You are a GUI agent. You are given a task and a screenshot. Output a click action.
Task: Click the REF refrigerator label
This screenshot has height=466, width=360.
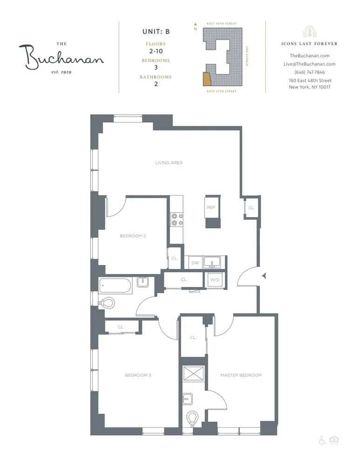click(211, 207)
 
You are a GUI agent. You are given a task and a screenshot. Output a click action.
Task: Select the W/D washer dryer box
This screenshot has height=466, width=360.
click(215, 280)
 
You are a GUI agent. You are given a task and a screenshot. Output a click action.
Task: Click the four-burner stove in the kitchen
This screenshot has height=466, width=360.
click(177, 219)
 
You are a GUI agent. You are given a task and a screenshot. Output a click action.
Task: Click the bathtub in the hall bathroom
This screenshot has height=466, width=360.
click(115, 285)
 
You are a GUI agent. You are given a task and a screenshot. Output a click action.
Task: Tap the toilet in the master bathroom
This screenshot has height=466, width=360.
click(192, 418)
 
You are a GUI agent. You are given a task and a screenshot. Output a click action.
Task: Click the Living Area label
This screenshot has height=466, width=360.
click(169, 163)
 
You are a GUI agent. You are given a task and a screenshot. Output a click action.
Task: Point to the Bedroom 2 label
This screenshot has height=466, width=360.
click(133, 236)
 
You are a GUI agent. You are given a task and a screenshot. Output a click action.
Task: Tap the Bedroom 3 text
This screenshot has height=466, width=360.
click(138, 375)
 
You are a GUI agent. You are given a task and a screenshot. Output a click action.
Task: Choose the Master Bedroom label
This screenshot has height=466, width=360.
click(241, 375)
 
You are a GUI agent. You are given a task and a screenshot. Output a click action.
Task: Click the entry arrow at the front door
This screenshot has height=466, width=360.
click(264, 276)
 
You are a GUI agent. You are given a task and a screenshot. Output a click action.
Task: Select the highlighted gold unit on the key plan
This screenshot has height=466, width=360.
click(206, 79)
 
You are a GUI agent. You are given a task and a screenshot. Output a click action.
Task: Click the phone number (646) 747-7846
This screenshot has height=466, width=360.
click(309, 72)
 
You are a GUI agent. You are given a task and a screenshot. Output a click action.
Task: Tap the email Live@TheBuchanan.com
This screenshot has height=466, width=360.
click(309, 64)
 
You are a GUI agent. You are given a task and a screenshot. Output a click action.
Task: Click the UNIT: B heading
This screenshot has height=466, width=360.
click(156, 32)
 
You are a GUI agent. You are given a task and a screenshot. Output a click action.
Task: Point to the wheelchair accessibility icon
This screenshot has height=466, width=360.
click(321, 439)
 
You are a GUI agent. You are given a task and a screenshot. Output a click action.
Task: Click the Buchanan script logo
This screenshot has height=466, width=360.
click(61, 57)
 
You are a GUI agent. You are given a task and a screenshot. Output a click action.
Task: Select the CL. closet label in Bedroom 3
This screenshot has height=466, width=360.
click(121, 327)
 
